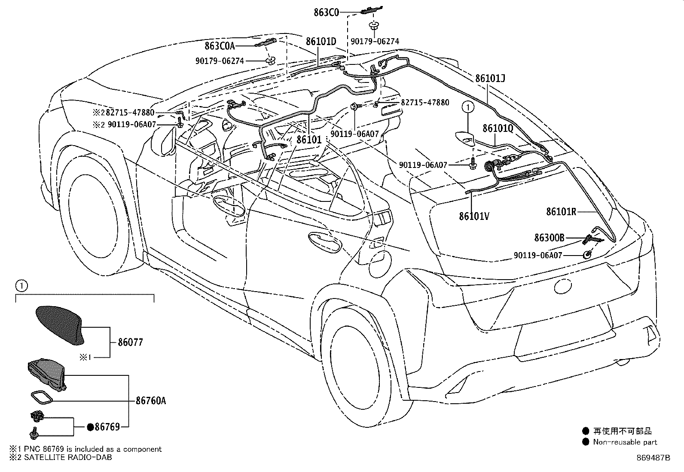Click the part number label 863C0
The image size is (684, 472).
(326, 12)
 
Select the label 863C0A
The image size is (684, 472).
(220, 46)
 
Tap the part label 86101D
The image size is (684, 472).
(321, 42)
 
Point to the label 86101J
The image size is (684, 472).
(490, 79)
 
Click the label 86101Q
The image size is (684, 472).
(498, 128)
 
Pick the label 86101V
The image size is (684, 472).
(474, 216)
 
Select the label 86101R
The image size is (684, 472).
(561, 211)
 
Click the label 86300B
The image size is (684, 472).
(550, 238)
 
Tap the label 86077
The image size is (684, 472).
(130, 342)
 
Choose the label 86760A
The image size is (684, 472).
(151, 401)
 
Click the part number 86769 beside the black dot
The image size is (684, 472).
(107, 427)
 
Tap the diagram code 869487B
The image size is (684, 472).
(653, 458)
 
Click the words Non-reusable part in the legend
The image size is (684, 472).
(625, 442)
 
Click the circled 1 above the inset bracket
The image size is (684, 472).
(21, 286)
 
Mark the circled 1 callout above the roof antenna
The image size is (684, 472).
(468, 107)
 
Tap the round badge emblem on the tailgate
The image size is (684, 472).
(562, 286)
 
